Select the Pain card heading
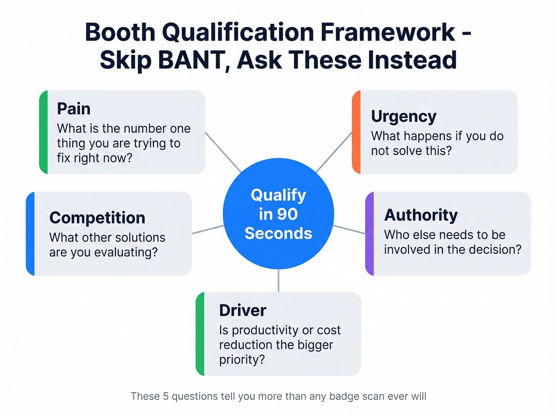74,109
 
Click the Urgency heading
403,116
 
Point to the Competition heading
97,218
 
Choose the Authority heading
421,215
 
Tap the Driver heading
242,311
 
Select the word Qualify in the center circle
278,195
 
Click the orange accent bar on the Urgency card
356,132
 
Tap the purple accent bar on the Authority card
370,234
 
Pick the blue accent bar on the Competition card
30,234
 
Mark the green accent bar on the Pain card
43,132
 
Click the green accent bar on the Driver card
200,334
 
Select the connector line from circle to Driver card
278,281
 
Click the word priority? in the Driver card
241,359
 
